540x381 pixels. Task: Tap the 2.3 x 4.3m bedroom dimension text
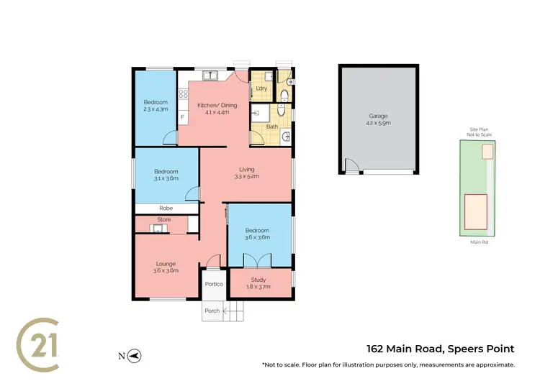(155, 109)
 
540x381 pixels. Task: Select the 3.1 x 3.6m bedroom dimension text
(166, 178)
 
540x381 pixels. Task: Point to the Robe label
(166, 208)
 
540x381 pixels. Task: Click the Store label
(163, 220)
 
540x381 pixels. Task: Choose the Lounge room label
(166, 263)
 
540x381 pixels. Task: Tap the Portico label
(214, 284)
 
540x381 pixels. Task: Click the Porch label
(212, 311)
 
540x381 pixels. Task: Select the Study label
(258, 280)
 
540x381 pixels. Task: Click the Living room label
(247, 169)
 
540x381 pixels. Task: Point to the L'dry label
(261, 88)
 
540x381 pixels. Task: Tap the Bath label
(272, 127)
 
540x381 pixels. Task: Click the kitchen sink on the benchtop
(210, 74)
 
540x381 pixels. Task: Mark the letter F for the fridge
(182, 116)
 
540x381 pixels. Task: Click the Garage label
(379, 115)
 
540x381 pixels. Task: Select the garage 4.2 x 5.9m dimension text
(379, 123)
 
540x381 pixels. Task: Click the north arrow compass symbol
(135, 355)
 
